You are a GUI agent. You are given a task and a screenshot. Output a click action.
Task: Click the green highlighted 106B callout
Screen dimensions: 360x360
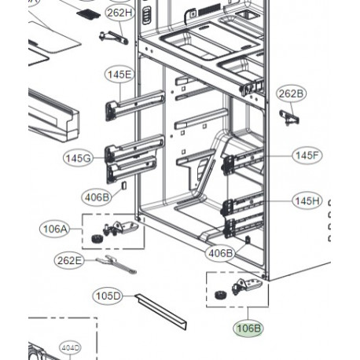(x=248, y=328)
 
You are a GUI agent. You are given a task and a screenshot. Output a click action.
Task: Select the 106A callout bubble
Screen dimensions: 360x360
(x=55, y=229)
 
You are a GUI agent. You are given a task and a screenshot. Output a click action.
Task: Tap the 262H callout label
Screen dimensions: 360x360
(x=119, y=13)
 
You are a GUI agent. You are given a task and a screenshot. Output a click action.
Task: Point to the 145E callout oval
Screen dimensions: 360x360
(x=119, y=75)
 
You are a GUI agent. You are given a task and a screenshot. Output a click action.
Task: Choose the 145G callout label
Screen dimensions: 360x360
(x=79, y=158)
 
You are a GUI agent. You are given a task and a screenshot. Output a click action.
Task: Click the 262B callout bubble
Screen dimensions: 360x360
(x=291, y=94)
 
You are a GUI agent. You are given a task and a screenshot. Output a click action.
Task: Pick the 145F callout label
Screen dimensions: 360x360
(x=307, y=156)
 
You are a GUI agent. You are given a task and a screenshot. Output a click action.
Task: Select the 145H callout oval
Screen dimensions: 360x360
(x=307, y=201)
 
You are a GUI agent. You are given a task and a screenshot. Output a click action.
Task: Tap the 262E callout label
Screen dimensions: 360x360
(x=69, y=260)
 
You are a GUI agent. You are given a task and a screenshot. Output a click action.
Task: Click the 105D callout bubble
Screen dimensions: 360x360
(x=108, y=296)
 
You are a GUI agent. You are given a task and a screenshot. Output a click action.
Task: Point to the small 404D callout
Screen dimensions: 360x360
(x=70, y=348)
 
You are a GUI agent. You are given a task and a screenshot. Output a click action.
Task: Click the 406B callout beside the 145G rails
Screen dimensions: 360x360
(x=97, y=197)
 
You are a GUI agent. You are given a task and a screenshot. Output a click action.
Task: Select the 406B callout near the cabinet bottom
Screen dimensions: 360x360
(x=220, y=253)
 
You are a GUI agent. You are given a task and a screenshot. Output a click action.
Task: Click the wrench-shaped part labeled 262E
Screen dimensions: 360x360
(x=116, y=264)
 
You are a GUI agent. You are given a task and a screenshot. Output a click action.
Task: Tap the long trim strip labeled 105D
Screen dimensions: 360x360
(x=161, y=311)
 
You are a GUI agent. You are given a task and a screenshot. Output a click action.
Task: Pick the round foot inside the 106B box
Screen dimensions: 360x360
(x=221, y=295)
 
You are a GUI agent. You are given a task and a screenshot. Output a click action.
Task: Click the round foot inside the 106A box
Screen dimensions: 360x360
(x=96, y=238)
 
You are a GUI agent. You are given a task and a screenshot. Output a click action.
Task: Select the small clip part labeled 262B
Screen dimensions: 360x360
(x=289, y=117)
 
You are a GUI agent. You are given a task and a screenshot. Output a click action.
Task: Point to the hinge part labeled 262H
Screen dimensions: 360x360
(x=113, y=38)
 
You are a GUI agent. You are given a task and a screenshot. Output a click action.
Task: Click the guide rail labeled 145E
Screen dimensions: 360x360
(x=135, y=105)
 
